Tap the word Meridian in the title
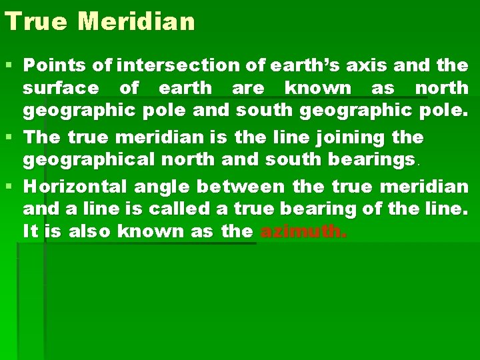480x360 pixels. (136, 21)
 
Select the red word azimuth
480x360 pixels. (303, 232)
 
